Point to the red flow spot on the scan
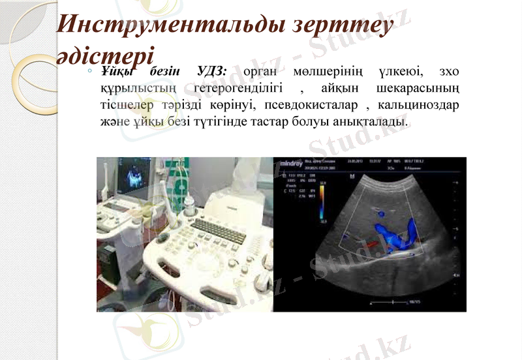point(371,245)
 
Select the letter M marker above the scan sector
point(352,177)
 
